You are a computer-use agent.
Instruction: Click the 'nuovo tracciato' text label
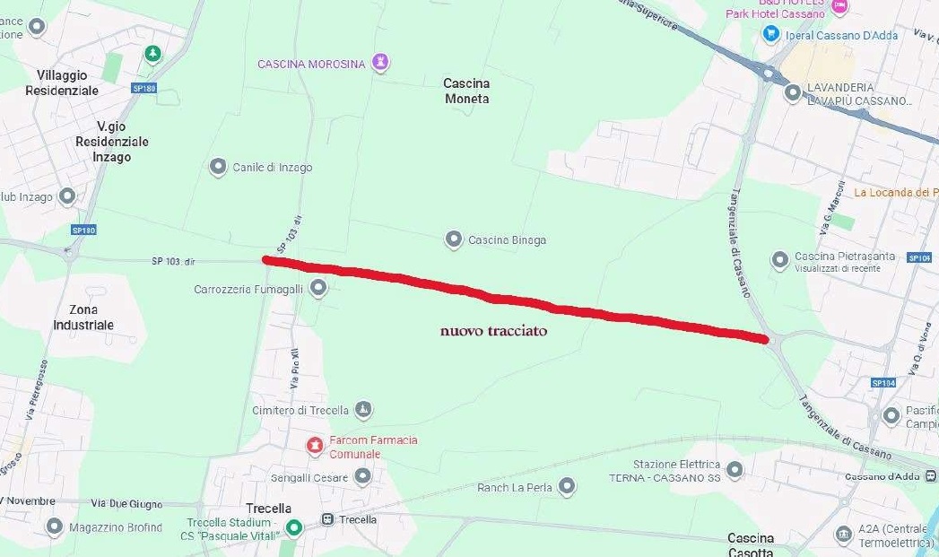493,331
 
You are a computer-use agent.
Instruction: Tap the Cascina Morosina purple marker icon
382,62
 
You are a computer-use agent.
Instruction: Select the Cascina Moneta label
467,91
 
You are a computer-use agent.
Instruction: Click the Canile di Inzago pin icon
218,167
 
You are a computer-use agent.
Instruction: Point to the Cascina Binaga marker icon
454,239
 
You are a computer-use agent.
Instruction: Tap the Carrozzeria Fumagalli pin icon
318,288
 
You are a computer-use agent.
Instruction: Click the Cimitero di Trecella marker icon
363,410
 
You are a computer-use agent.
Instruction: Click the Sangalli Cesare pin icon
362,476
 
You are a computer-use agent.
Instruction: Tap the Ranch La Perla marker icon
567,487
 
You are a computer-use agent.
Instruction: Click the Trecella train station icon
327,519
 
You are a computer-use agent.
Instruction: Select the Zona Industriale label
83,317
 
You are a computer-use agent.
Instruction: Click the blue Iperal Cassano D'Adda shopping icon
770,33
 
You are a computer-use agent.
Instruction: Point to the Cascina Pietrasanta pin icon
780,260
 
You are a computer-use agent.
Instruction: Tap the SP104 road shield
882,382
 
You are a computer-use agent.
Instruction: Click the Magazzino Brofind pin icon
55,527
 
